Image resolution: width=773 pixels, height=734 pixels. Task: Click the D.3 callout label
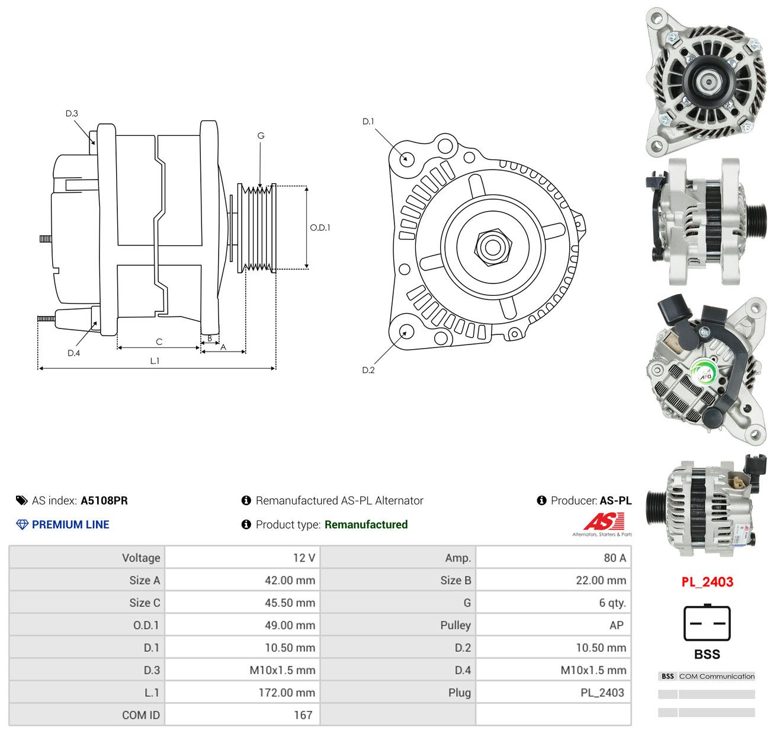pos(72,113)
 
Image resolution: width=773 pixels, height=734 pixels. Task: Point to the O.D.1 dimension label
pos(320,228)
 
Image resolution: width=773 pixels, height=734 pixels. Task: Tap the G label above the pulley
pos(261,135)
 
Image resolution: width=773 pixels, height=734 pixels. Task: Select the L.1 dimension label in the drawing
pos(155,360)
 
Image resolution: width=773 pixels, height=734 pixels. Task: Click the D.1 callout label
pos(368,121)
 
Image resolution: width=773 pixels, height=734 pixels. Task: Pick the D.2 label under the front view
pos(368,370)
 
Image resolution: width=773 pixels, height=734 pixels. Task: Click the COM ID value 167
pos(303,714)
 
